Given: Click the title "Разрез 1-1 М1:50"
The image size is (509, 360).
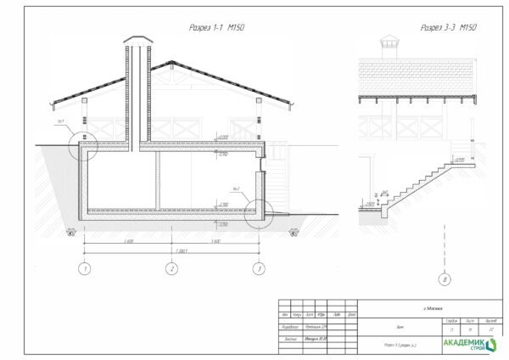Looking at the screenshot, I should [216, 28].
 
